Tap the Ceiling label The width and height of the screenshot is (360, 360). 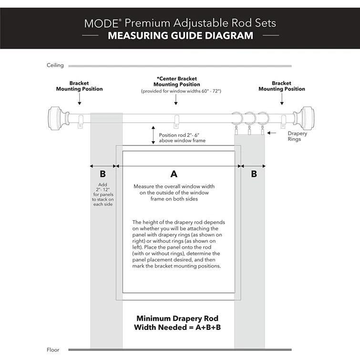pyautogui.click(x=55, y=65)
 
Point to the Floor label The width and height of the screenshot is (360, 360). pyautogui.click(x=53, y=350)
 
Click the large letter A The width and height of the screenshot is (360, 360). pyautogui.click(x=174, y=174)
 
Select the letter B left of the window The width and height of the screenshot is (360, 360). pyautogui.click(x=103, y=174)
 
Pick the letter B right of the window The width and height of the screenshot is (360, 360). pyautogui.click(x=254, y=174)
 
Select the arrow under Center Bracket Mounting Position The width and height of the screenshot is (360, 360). pyautogui.click(x=176, y=99)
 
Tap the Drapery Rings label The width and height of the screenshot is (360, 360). pyautogui.click(x=298, y=136)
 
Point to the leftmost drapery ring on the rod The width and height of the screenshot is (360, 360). pyautogui.click(x=237, y=118)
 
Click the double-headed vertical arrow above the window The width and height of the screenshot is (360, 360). pyautogui.click(x=153, y=134)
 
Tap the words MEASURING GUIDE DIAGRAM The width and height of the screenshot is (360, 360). pyautogui.click(x=180, y=35)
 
